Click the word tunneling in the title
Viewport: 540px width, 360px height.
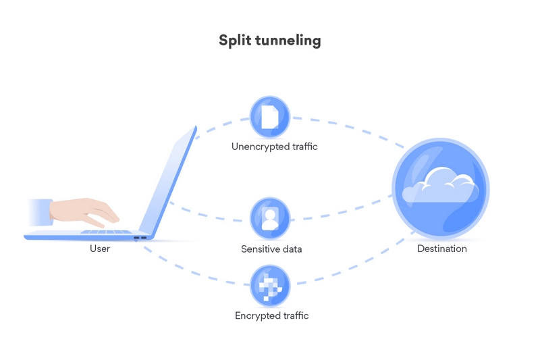click(288, 41)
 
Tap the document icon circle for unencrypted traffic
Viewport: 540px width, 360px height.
click(269, 117)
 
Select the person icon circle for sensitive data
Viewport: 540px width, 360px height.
click(269, 218)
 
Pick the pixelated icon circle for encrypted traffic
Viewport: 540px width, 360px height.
click(269, 286)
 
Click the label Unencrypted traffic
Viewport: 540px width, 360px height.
click(275, 147)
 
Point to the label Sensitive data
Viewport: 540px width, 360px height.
click(271, 249)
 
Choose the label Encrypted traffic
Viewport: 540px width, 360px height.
click(272, 315)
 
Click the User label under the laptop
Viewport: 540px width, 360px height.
click(100, 249)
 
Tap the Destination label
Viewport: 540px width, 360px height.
click(442, 249)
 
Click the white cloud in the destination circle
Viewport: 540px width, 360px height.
click(441, 185)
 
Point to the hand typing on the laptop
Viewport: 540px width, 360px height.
click(84, 212)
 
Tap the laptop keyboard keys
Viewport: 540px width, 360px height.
click(106, 232)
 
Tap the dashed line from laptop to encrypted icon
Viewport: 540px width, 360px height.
click(193, 271)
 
